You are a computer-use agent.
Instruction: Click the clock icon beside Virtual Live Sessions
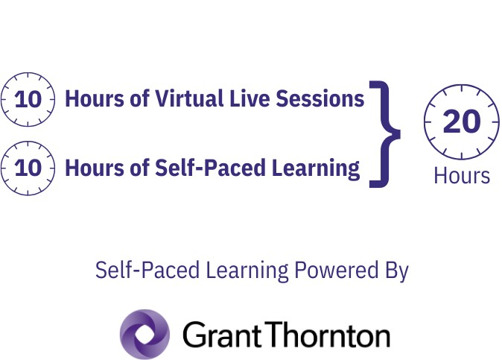[28, 99]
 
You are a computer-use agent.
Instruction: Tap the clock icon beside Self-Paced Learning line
[28, 168]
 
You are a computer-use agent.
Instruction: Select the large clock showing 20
[461, 121]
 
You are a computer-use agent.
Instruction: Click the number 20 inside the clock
[462, 121]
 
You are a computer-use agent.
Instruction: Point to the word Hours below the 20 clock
[462, 176]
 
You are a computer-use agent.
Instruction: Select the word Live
[250, 98]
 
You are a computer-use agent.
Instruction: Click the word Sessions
[320, 98]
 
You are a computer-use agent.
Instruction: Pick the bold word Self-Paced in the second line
[210, 168]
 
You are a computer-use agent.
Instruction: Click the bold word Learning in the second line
[316, 168]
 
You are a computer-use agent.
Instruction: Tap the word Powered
[336, 270]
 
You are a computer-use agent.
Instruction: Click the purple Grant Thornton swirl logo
[144, 334]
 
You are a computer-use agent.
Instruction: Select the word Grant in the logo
[222, 335]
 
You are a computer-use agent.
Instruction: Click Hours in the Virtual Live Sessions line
[94, 98]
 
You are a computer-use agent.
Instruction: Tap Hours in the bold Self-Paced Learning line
[94, 168]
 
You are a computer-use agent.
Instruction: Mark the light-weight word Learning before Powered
[247, 271]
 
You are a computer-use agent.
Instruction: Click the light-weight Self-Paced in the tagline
[147, 270]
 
